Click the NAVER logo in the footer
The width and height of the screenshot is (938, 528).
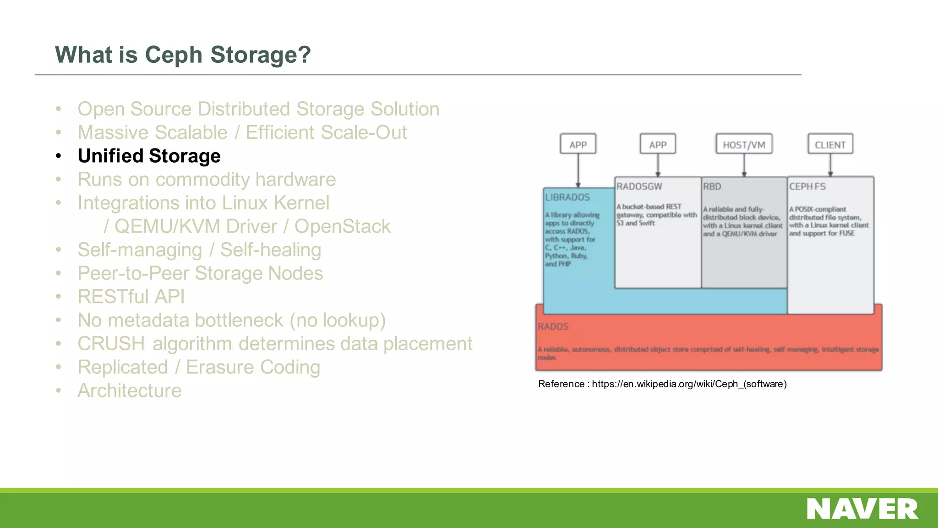pyautogui.click(x=862, y=509)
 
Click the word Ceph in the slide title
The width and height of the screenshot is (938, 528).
pyautogui.click(x=174, y=55)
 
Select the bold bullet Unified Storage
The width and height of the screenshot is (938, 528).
pyautogui.click(x=149, y=156)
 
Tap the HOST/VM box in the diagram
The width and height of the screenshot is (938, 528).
pyautogui.click(x=744, y=145)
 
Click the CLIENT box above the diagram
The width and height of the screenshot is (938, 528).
pyautogui.click(x=830, y=145)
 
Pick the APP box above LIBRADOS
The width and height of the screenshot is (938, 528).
pyautogui.click(x=578, y=145)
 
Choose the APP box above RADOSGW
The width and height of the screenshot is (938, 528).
pyautogui.click(x=658, y=145)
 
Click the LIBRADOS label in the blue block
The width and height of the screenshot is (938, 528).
pyautogui.click(x=567, y=197)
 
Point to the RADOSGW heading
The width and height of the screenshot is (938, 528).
pyautogui.click(x=639, y=187)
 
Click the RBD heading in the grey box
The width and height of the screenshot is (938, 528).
pyautogui.click(x=712, y=187)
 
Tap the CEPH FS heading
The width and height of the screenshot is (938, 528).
pyautogui.click(x=807, y=187)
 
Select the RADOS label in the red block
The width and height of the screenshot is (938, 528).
pyautogui.click(x=553, y=326)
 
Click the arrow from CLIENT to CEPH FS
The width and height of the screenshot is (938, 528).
pyautogui.click(x=830, y=165)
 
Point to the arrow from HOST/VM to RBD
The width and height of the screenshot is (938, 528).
pyautogui.click(x=744, y=165)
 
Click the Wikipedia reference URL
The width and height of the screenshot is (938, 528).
pyautogui.click(x=689, y=384)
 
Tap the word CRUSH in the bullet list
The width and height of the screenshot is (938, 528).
pyautogui.click(x=111, y=344)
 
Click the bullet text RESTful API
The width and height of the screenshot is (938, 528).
pyautogui.click(x=131, y=297)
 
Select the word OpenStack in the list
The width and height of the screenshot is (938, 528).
pyautogui.click(x=342, y=226)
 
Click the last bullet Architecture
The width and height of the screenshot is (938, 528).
pyautogui.click(x=130, y=390)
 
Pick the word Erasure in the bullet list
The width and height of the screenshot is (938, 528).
pyautogui.click(x=220, y=367)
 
